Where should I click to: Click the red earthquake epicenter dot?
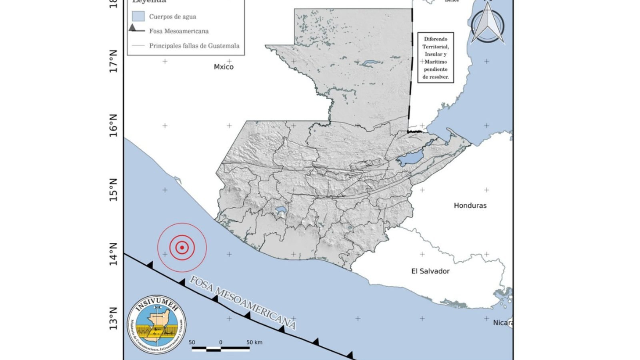pos(182,248)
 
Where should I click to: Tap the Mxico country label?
pos(224,67)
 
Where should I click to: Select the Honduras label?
pos(470,206)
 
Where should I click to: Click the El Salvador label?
pos(430,271)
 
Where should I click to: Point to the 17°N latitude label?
pos(114,61)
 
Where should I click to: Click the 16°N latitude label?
pos(114,125)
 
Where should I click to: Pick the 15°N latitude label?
pos(114,190)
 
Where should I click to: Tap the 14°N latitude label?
pos(114,254)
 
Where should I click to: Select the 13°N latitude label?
pos(114,318)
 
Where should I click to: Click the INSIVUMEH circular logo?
pos(157,324)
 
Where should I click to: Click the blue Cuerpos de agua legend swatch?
pos(138,16)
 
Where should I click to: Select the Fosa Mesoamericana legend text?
pos(179,31)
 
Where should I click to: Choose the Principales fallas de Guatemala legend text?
pos(194,46)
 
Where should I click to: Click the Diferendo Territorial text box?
pos(436,58)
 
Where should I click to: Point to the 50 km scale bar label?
pos(254,342)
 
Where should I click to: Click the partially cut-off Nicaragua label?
pos(503,323)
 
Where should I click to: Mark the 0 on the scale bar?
pos(220,342)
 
